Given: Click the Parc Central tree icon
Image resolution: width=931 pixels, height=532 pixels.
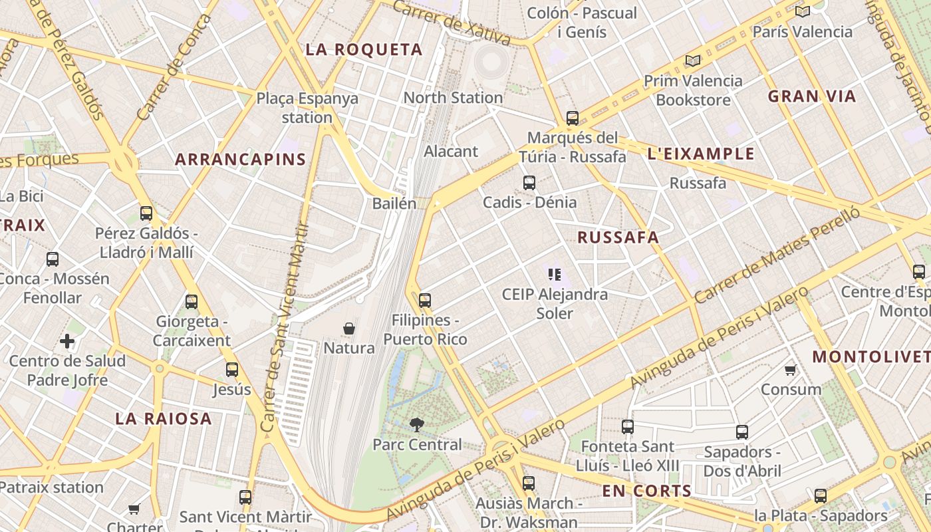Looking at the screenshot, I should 417,424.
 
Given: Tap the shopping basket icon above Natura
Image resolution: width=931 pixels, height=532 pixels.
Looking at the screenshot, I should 348,329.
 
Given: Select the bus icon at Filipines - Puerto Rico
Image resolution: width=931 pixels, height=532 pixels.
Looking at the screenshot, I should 425,301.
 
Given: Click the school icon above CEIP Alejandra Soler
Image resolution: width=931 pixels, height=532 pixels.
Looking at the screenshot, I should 555,274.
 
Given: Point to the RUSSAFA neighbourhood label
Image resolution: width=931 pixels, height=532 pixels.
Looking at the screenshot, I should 618,237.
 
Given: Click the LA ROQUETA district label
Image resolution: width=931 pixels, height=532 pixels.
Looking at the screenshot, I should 364,49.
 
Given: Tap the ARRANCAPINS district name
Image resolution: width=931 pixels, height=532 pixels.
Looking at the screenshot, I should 240,160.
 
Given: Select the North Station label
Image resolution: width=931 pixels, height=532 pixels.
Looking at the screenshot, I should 453,98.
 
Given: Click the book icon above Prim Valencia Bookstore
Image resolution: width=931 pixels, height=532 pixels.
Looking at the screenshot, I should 693,61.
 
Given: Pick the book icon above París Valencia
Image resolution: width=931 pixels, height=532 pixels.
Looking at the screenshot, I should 803,11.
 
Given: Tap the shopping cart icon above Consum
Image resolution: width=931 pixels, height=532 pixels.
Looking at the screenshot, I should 791,370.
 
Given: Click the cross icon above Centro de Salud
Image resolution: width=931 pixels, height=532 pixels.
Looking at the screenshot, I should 67,342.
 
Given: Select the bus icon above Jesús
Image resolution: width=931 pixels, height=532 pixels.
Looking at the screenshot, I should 232,370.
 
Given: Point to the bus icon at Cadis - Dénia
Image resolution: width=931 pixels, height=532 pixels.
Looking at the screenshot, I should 529,183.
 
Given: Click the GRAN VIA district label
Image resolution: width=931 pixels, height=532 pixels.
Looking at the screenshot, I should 812,96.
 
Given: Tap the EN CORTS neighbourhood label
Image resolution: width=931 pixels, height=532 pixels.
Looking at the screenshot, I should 646,491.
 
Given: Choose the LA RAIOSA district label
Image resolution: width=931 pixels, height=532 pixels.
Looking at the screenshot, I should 164,419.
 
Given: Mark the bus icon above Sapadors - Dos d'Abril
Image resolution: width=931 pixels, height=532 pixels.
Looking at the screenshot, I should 742,432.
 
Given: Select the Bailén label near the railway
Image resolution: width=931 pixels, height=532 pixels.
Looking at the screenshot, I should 394,203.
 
